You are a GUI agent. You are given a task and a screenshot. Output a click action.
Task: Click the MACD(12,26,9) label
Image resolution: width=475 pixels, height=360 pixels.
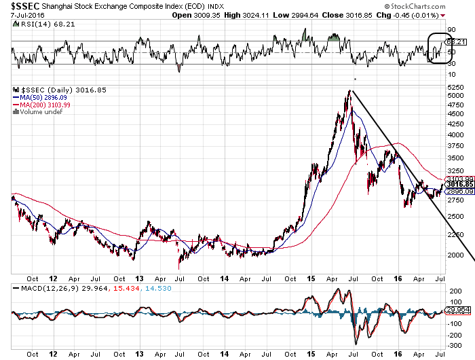point(43,288)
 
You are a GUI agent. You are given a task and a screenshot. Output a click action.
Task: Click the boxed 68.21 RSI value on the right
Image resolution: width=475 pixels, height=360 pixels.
point(459,42)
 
